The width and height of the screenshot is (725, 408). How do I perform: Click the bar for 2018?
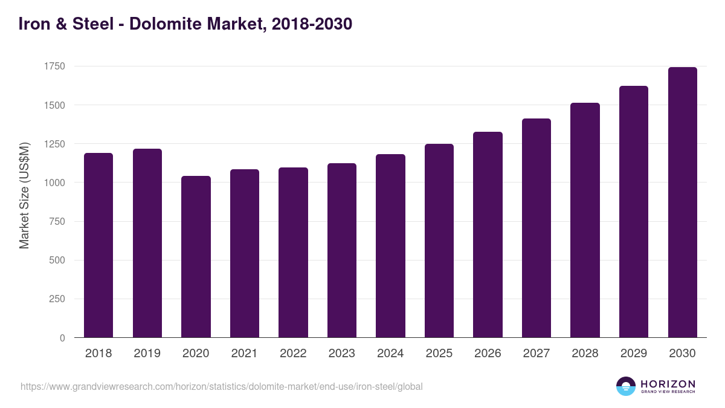pyautogui.click(x=98, y=245)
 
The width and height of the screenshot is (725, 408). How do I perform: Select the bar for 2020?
pyautogui.click(x=196, y=256)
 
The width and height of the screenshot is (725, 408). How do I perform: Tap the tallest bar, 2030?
pyautogui.click(x=682, y=202)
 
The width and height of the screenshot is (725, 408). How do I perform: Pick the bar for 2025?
pyautogui.click(x=439, y=241)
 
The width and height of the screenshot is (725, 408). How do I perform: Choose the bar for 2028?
pyautogui.click(x=585, y=220)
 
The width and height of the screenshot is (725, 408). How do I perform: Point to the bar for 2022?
pyautogui.click(x=293, y=252)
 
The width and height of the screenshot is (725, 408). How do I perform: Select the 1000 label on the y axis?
pyautogui.click(x=54, y=183)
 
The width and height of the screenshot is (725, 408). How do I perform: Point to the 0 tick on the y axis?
pyautogui.click(x=62, y=338)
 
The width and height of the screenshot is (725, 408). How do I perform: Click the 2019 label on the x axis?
pyautogui.click(x=147, y=354)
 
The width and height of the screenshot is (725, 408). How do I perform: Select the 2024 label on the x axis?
pyautogui.click(x=390, y=354)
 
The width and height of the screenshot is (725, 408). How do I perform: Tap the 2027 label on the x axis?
pyautogui.click(x=536, y=354)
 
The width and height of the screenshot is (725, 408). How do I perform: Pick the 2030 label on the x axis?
pyautogui.click(x=682, y=354)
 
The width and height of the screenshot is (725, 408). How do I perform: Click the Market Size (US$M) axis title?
pyautogui.click(x=24, y=195)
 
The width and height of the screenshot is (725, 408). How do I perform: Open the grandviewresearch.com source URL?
pyautogui.click(x=221, y=386)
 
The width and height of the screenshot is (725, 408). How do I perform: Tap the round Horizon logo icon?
pyautogui.click(x=625, y=386)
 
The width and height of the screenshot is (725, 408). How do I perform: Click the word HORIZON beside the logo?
pyautogui.click(x=668, y=384)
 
